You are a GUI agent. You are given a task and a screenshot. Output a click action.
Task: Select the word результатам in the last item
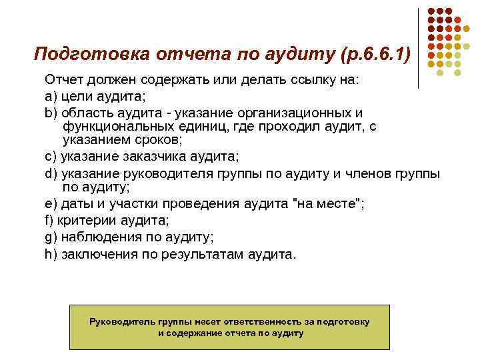click(x=206, y=254)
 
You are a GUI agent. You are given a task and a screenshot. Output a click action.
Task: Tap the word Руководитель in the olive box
click(x=119, y=321)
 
